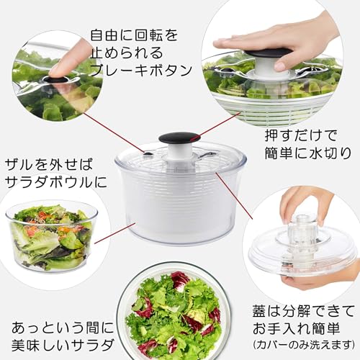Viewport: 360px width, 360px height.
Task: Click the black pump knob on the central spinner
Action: click(x=179, y=138)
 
